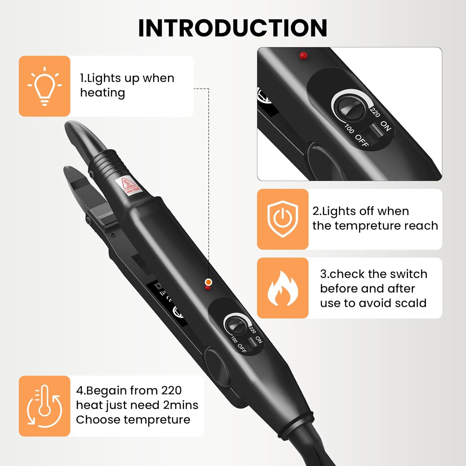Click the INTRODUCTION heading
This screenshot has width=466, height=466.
pyautogui.click(x=232, y=28)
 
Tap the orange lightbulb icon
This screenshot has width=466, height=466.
pyautogui.click(x=44, y=86)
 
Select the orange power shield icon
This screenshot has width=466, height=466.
pyautogui.click(x=282, y=219)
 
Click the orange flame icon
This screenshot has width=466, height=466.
pyautogui.click(x=282, y=288)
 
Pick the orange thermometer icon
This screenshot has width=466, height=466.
pyautogui.click(x=44, y=406)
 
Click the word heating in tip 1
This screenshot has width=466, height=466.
pyautogui.click(x=103, y=93)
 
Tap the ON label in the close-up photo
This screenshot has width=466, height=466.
pyautogui.click(x=386, y=126)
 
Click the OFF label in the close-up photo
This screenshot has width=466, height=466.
pyautogui.click(x=362, y=140)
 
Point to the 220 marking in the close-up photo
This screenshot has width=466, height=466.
pyautogui.click(x=375, y=112)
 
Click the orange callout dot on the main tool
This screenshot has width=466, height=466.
pyautogui.click(x=208, y=282)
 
